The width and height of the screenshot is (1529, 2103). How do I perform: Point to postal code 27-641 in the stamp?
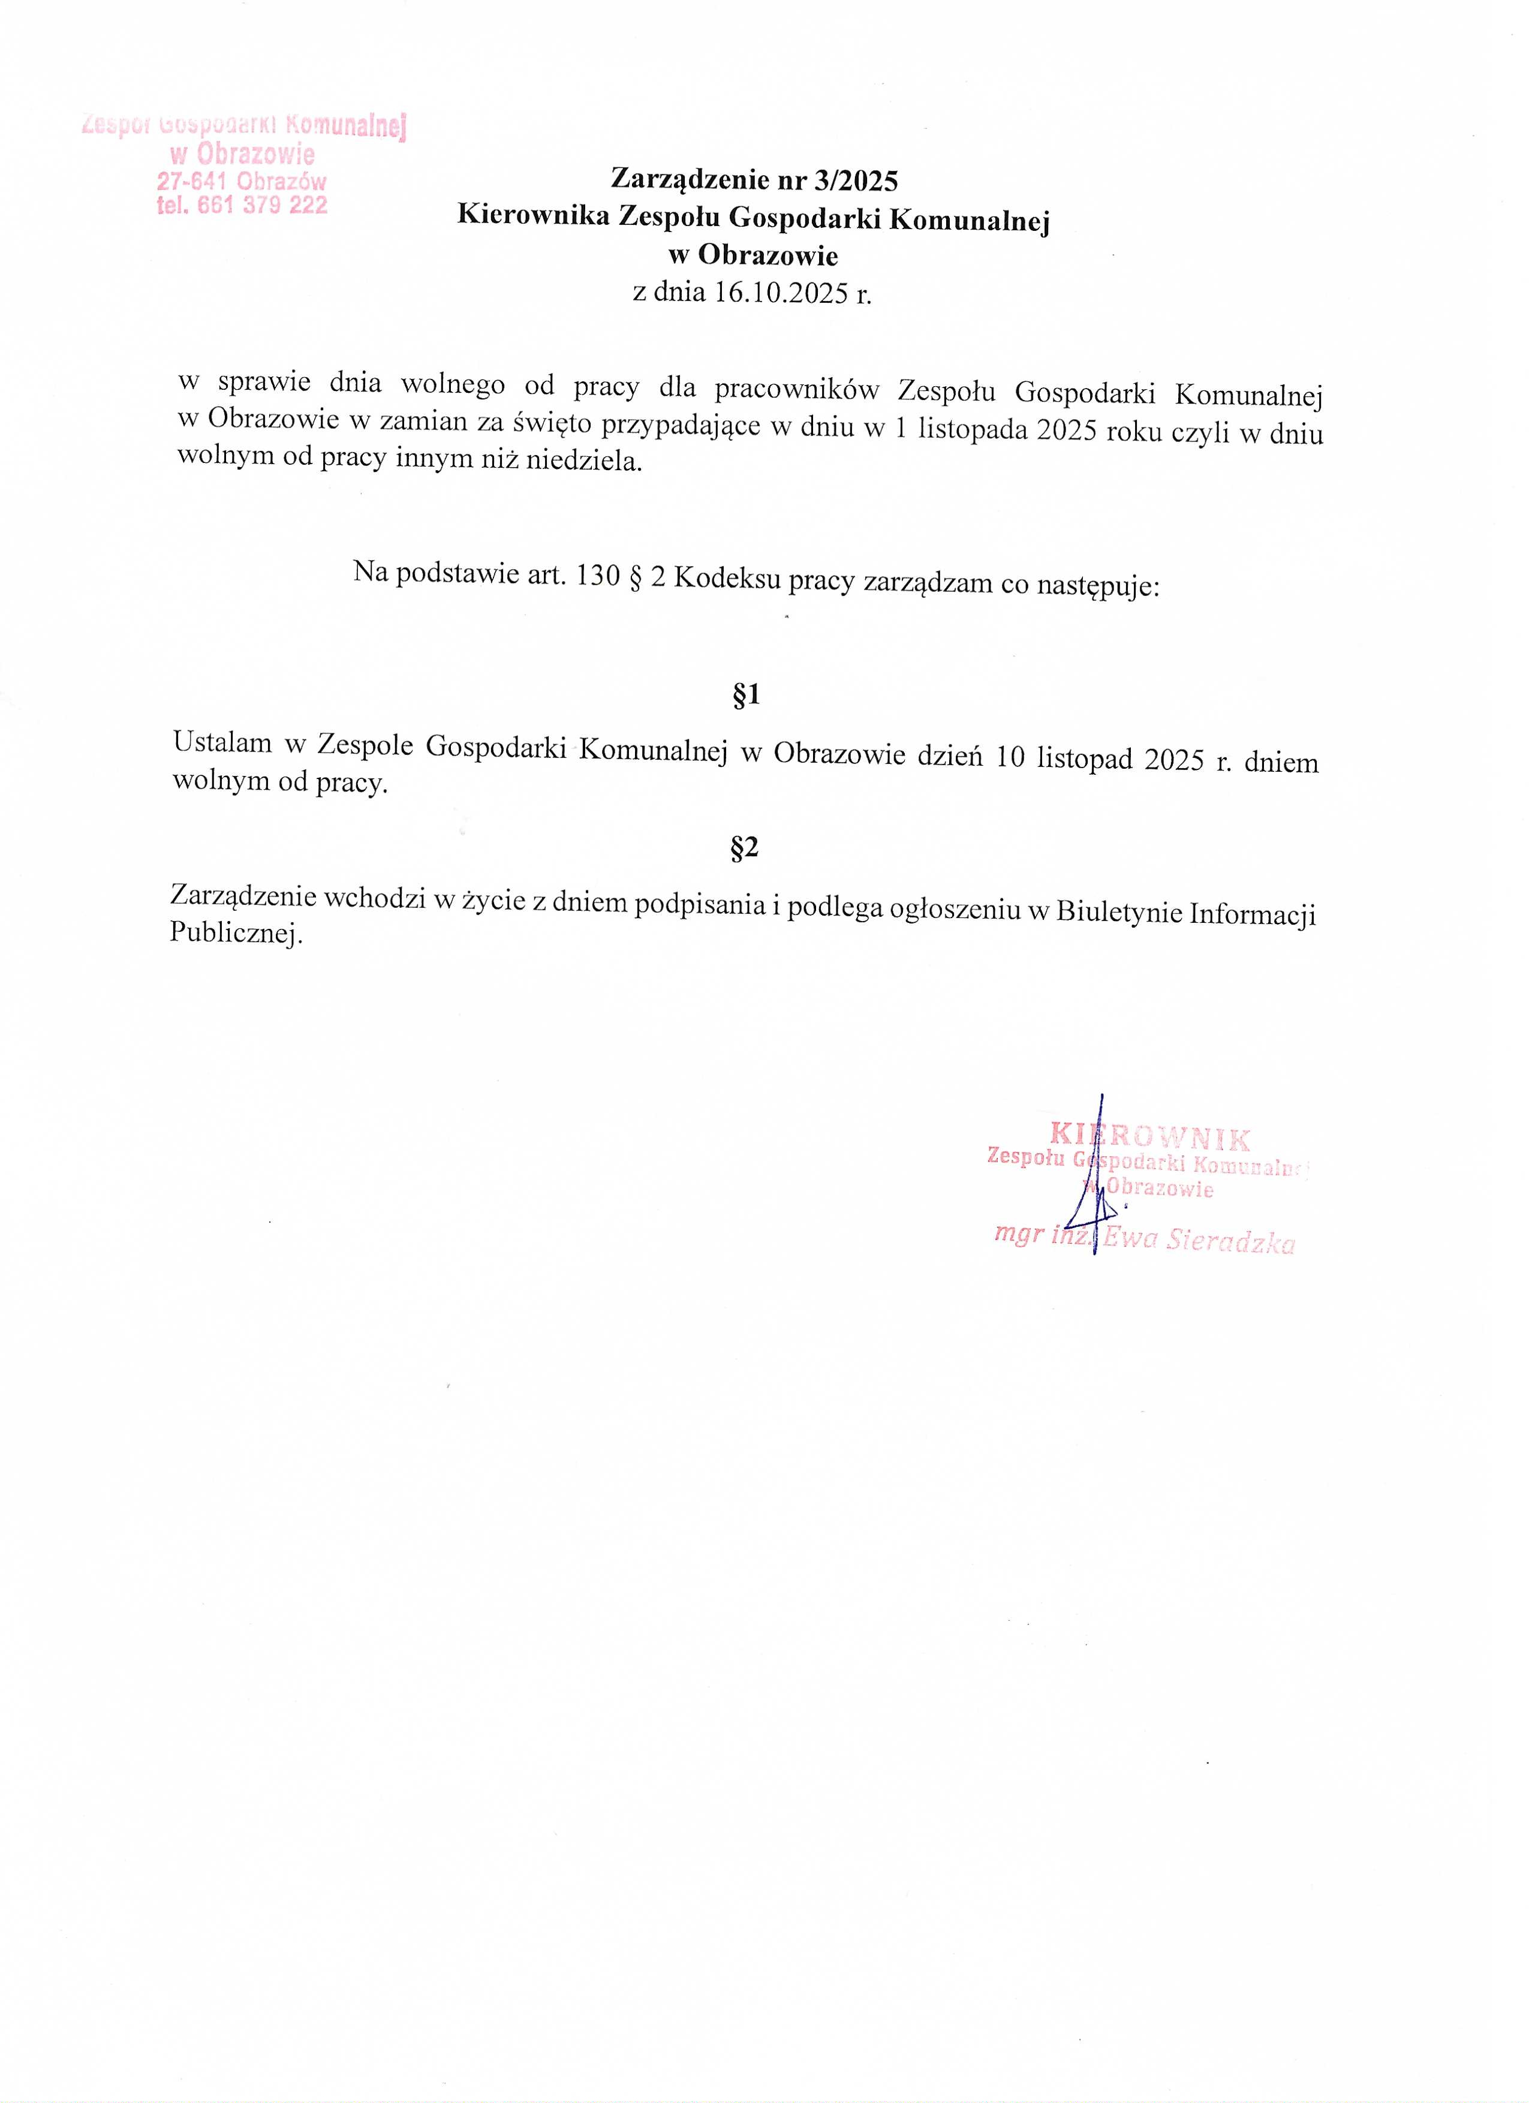(x=193, y=181)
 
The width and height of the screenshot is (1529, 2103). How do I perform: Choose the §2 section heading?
(x=745, y=847)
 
